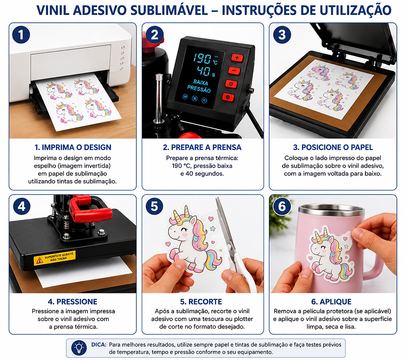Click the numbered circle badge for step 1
[21, 35]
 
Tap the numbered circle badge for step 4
[22, 206]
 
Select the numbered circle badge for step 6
[282, 206]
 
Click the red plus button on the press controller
[237, 58]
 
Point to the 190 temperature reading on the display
[202, 59]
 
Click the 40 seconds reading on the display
[203, 71]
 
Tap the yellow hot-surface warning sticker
[55, 257]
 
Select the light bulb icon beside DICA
[79, 348]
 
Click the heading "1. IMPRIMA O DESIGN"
[73, 147]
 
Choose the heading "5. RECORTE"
[201, 302]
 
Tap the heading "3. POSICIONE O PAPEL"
[333, 147]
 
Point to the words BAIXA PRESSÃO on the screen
[199, 86]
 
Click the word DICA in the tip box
[99, 345]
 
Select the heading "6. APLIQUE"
[331, 302]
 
